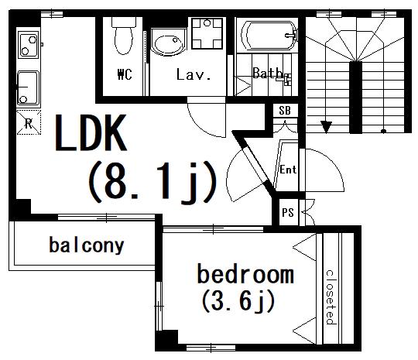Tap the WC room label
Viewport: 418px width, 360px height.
coord(125,74)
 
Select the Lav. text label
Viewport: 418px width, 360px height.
coord(194,74)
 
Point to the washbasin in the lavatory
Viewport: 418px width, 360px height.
coord(168,43)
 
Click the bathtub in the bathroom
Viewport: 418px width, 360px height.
coord(269,36)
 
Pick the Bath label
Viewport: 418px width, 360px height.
coord(268,73)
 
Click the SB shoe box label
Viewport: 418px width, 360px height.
coord(285,110)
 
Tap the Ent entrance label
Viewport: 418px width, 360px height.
coord(288,170)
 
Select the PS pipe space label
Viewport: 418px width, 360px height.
coord(288,213)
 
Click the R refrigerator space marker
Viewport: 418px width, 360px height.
coord(29,122)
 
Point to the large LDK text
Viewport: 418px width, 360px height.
coord(91,133)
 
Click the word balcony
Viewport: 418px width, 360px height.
coord(87,245)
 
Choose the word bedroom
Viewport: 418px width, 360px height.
coord(245,274)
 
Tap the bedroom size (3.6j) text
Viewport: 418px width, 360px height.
coord(238,301)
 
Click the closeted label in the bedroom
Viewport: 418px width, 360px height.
coord(330,297)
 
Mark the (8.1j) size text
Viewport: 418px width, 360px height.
coord(152,183)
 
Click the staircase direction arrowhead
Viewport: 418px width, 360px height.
coord(326,127)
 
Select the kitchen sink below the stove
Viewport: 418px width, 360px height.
coord(29,87)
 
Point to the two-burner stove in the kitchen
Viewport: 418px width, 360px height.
coord(29,44)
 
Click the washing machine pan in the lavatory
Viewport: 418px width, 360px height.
coord(207,33)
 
